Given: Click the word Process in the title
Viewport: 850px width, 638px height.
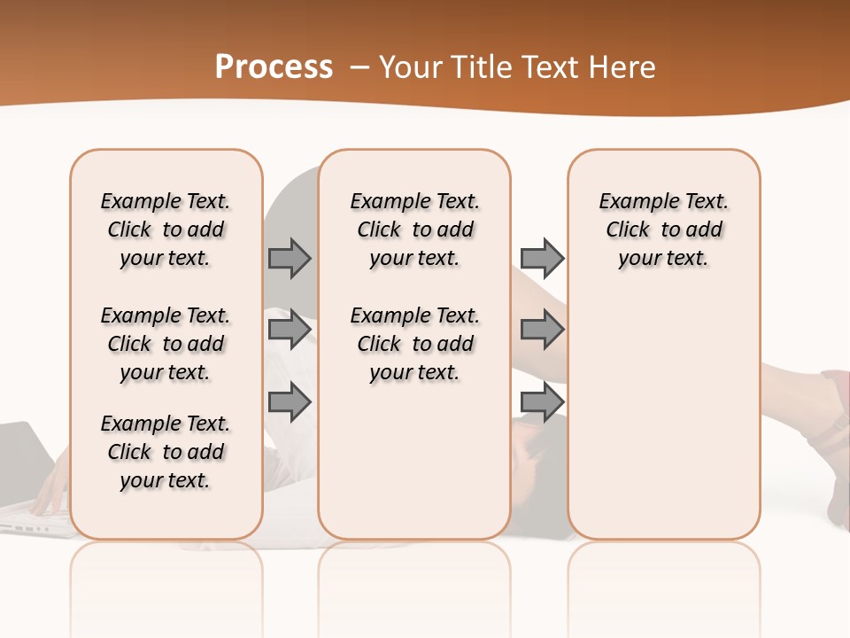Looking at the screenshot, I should [x=274, y=67].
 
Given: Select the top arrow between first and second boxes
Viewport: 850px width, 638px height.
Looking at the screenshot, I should [x=290, y=258].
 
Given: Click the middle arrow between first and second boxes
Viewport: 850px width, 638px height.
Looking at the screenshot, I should [x=290, y=330].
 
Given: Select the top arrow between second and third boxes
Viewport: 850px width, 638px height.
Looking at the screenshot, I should [x=542, y=258].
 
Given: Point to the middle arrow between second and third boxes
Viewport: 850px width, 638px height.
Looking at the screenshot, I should [x=542, y=330].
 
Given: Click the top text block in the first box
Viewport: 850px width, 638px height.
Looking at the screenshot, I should [x=166, y=230].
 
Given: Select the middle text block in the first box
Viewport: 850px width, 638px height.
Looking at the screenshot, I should [x=166, y=344].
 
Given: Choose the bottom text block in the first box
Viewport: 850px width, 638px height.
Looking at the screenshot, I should [x=166, y=452].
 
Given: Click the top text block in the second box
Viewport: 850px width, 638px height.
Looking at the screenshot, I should [x=415, y=230].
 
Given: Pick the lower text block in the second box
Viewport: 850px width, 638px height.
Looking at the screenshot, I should [x=415, y=344].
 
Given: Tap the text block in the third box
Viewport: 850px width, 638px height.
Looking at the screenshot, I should [x=664, y=230].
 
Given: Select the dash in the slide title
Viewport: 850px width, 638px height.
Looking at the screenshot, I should [x=360, y=67].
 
